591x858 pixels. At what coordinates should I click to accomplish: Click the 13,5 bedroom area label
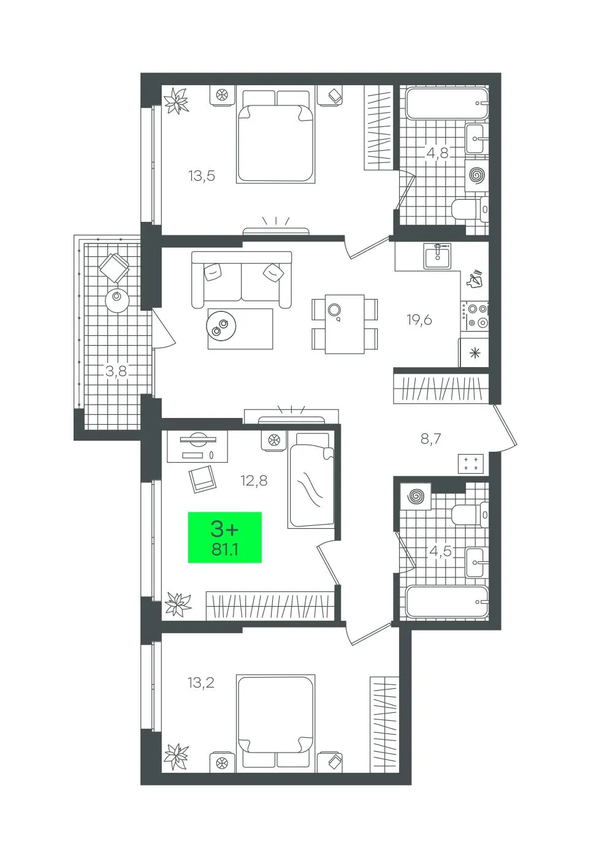click(202, 177)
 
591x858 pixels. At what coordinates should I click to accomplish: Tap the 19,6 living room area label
click(419, 319)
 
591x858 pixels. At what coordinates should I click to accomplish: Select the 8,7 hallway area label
click(430, 439)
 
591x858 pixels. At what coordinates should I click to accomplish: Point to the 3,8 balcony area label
click(116, 371)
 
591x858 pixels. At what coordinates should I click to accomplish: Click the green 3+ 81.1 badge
click(224, 537)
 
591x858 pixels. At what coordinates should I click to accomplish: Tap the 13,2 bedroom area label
click(201, 682)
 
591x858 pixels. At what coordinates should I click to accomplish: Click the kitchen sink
click(437, 256)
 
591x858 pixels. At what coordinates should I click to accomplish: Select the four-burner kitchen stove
click(475, 316)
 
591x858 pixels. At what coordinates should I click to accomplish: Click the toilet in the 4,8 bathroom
click(470, 209)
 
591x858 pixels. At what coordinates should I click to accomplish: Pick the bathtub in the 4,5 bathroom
click(447, 602)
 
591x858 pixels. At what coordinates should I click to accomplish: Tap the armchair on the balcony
click(114, 268)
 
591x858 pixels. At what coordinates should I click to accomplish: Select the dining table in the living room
click(345, 324)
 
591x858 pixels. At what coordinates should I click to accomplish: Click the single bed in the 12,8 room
click(311, 480)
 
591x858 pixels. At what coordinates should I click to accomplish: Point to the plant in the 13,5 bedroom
click(176, 101)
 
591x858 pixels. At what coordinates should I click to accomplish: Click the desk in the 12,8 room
click(197, 446)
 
